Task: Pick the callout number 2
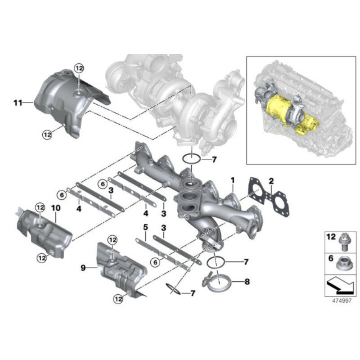271,181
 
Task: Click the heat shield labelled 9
118,273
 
